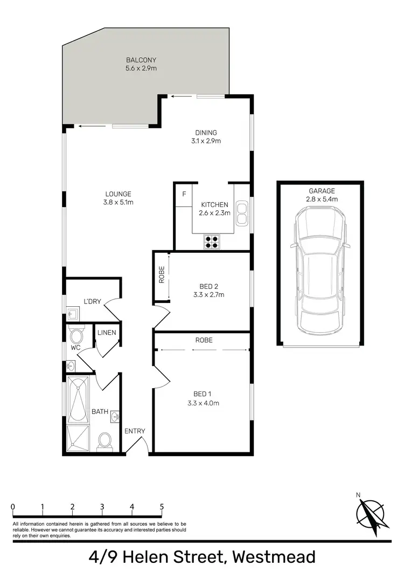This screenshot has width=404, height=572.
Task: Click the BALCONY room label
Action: (x=141, y=60)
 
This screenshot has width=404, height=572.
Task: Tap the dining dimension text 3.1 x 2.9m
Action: (x=206, y=141)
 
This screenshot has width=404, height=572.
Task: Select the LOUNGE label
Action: (x=119, y=194)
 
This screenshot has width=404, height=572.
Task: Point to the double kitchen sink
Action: (x=242, y=212)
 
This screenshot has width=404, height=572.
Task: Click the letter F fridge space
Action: (x=184, y=194)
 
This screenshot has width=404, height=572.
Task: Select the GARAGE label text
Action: (x=322, y=191)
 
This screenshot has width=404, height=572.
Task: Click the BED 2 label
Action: (x=208, y=286)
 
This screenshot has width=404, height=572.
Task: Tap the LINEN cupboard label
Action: (x=107, y=333)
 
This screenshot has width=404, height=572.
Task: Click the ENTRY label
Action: (x=135, y=431)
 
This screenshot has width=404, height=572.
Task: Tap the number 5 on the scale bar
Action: (x=162, y=507)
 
